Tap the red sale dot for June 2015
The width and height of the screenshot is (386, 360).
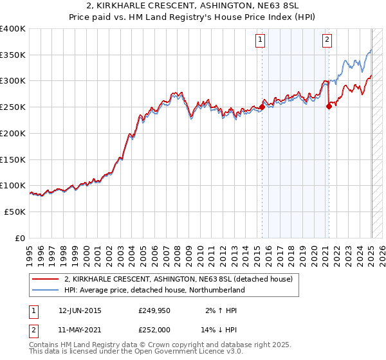pyautogui.click(x=262, y=108)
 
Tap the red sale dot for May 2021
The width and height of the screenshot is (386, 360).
pyautogui.click(x=329, y=107)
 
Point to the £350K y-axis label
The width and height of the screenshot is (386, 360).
pyautogui.click(x=13, y=55)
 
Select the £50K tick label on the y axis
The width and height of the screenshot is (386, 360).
pyautogui.click(x=15, y=212)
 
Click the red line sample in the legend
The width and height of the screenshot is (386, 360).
pyautogui.click(x=46, y=279)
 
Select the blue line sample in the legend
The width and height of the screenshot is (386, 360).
pyautogui.click(x=46, y=290)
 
